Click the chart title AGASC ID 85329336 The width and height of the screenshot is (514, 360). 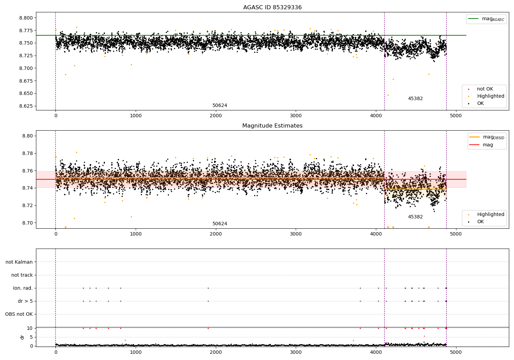tap(272, 8)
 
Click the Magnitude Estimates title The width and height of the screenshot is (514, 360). tap(272, 126)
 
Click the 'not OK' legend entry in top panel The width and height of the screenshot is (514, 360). tap(485, 89)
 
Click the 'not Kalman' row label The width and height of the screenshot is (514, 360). tap(19, 262)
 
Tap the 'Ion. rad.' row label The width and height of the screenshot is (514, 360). tap(23, 288)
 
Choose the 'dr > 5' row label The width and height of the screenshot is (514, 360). tap(25, 301)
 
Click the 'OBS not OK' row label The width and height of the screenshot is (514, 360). tap(19, 314)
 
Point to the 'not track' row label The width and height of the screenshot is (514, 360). tap(22, 275)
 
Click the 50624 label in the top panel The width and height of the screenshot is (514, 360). tap(220, 106)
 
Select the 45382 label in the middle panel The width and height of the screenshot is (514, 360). tap(415, 217)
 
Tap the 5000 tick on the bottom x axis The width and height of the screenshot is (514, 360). tap(456, 352)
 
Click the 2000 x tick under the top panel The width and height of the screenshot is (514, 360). tap(216, 116)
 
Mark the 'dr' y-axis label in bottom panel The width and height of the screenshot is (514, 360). tap(22, 337)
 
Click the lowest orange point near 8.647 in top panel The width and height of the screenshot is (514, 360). tap(388, 95)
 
